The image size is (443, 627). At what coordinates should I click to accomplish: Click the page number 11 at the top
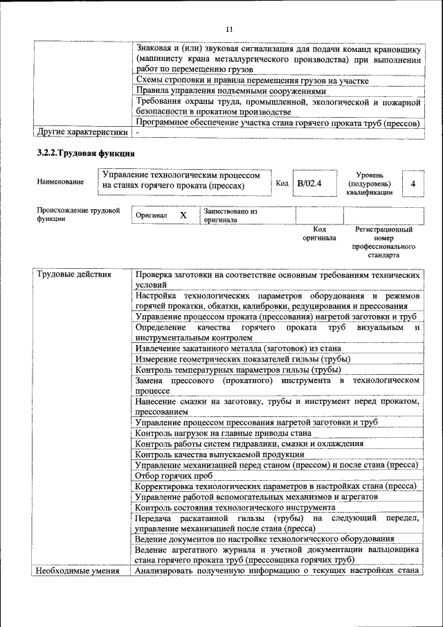pyautogui.click(x=229, y=28)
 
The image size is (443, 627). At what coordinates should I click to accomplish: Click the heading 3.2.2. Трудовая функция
pyautogui.click(x=86, y=152)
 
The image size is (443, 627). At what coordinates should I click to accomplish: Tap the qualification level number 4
pyautogui.click(x=413, y=184)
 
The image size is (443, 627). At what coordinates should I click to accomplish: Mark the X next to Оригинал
pyautogui.click(x=183, y=215)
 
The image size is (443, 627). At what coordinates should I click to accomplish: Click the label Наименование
pyautogui.click(x=61, y=182)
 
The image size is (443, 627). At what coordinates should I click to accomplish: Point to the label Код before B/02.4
pyautogui.click(x=282, y=184)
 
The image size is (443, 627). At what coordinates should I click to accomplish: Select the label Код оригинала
pyautogui.click(x=319, y=233)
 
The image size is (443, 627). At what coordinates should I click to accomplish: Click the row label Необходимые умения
pyautogui.click(x=78, y=571)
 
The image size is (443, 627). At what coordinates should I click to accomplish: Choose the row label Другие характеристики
pyautogui.click(x=82, y=131)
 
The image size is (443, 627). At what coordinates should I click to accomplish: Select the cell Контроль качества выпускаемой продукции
pyautogui.click(x=220, y=454)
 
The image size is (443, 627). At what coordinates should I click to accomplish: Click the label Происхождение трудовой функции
pyautogui.click(x=78, y=214)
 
